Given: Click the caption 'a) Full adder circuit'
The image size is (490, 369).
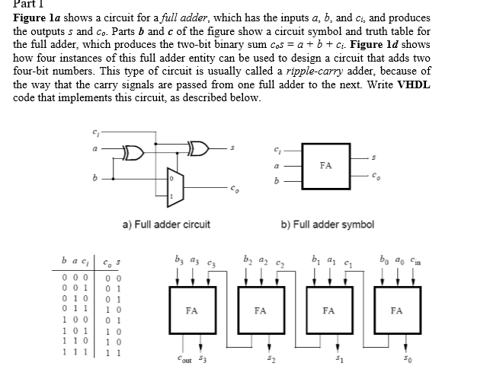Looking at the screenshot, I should pos(166,224).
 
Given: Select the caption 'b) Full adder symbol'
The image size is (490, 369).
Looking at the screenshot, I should pos(328,224).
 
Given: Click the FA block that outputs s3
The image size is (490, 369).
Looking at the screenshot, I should pos(192,310).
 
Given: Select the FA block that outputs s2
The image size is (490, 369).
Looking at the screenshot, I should pos(261,310).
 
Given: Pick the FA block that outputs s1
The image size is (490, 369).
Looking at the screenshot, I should pos(328,310).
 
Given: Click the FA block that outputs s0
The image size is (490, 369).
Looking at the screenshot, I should pos(396,310).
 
